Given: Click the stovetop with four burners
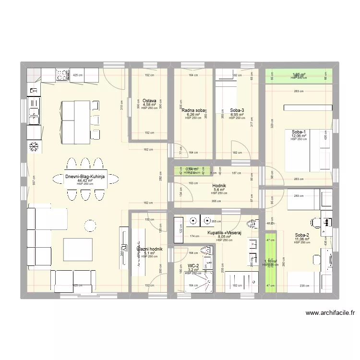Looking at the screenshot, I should click(x=62, y=75).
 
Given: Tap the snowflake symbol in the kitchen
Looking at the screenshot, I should click(x=34, y=146).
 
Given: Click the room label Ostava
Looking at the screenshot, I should click(x=149, y=100).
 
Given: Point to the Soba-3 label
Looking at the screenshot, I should click(x=237, y=110).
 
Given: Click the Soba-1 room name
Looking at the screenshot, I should click(x=299, y=132).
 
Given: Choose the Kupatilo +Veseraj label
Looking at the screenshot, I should click(x=224, y=233).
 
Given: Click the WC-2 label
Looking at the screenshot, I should click(x=193, y=265).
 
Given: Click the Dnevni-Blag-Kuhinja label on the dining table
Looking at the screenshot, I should click(x=91, y=177).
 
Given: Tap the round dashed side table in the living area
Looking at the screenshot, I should click(x=90, y=225).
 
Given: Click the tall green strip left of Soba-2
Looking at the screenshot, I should click(x=271, y=263).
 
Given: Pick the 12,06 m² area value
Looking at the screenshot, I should click(x=299, y=136).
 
